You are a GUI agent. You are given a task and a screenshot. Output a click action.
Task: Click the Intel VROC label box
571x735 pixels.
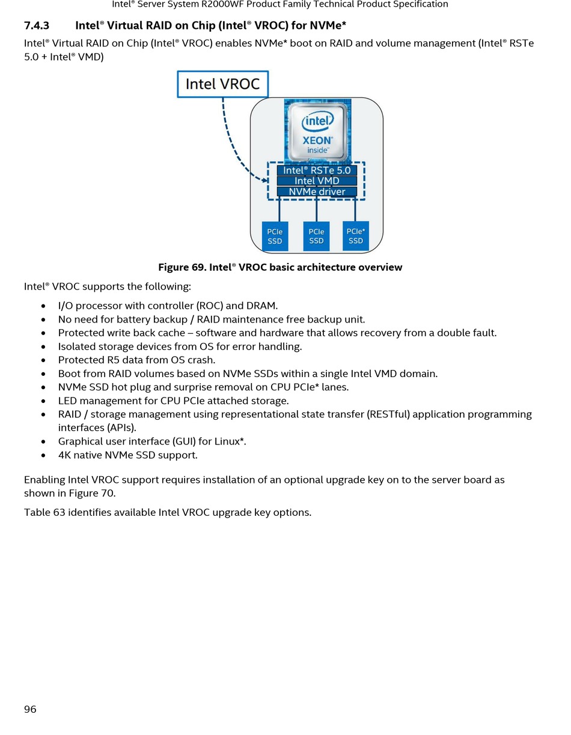pos(222,84)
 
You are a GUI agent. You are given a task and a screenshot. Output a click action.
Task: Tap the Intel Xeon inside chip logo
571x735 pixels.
pos(317,132)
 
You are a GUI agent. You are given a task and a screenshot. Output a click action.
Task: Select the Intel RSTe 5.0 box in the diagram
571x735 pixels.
pos(317,170)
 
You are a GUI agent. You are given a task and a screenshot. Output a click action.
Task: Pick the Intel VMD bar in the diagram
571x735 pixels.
pos(317,181)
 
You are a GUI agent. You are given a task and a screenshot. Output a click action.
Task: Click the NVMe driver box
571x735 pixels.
pos(317,192)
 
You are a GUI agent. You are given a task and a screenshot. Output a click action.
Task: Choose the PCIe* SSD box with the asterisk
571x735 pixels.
pos(355,236)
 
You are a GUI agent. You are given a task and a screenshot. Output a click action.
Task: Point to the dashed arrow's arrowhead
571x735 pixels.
pos(264,180)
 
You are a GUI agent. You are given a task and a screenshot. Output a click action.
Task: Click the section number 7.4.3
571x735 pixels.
pos(37,26)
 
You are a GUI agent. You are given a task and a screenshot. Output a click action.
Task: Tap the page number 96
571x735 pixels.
pos(30,709)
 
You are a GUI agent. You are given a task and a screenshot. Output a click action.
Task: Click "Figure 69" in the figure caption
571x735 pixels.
pos(181,267)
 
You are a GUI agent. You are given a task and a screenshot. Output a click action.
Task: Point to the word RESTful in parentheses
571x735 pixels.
pos(388,414)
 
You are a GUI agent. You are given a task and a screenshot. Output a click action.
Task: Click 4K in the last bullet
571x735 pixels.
pos(64,455)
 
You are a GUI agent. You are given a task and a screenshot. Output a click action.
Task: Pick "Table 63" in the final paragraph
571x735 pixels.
pos(44,512)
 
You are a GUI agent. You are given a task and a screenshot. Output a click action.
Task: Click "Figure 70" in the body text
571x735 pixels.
pos(91,493)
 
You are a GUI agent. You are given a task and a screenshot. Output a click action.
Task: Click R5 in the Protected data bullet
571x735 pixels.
pos(114,360)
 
